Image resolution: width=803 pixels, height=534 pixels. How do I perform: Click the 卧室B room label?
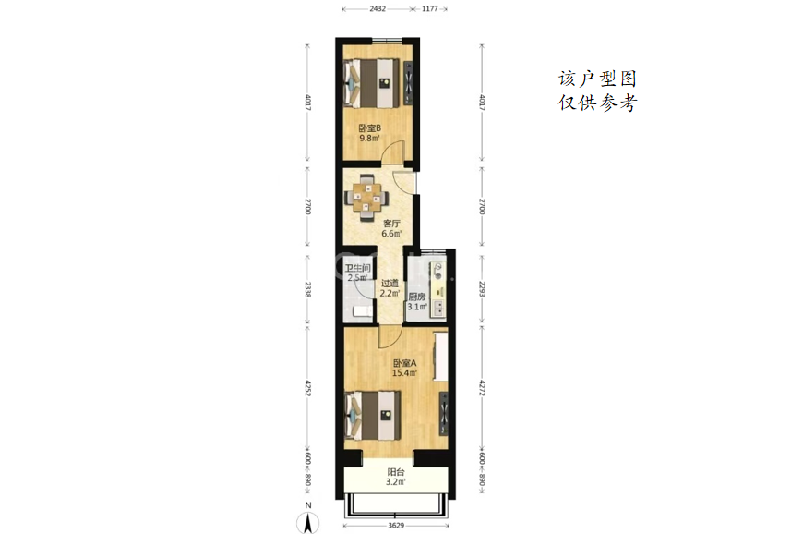[x=369, y=128]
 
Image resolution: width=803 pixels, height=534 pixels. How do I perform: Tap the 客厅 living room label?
[x=391, y=224]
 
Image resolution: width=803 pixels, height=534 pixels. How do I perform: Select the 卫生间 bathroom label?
[x=357, y=268]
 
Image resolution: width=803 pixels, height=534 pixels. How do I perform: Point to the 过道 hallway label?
[x=390, y=283]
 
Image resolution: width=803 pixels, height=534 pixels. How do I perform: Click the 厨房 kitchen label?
[x=417, y=297]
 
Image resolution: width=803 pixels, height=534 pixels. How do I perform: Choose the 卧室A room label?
[x=404, y=363]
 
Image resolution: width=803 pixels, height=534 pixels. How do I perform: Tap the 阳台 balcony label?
[x=396, y=472]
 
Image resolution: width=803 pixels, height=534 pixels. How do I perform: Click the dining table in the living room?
[x=366, y=198]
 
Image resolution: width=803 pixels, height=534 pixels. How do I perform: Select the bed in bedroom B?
[x=372, y=83]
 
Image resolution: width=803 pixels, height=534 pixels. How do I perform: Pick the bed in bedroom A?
[x=373, y=416]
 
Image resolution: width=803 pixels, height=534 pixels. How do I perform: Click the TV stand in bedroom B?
[x=408, y=83]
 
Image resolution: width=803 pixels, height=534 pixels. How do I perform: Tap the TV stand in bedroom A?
[x=443, y=413]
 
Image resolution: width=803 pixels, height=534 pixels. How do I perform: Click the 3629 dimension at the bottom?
[x=396, y=526]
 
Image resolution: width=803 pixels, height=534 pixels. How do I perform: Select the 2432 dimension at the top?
[x=378, y=8]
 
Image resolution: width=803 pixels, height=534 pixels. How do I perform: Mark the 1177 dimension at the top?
[x=430, y=8]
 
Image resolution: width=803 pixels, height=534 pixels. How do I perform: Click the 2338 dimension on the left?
[x=307, y=289]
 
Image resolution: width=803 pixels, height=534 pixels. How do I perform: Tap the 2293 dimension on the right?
[x=482, y=289]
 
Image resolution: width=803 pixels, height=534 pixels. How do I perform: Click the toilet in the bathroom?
[x=362, y=311]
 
